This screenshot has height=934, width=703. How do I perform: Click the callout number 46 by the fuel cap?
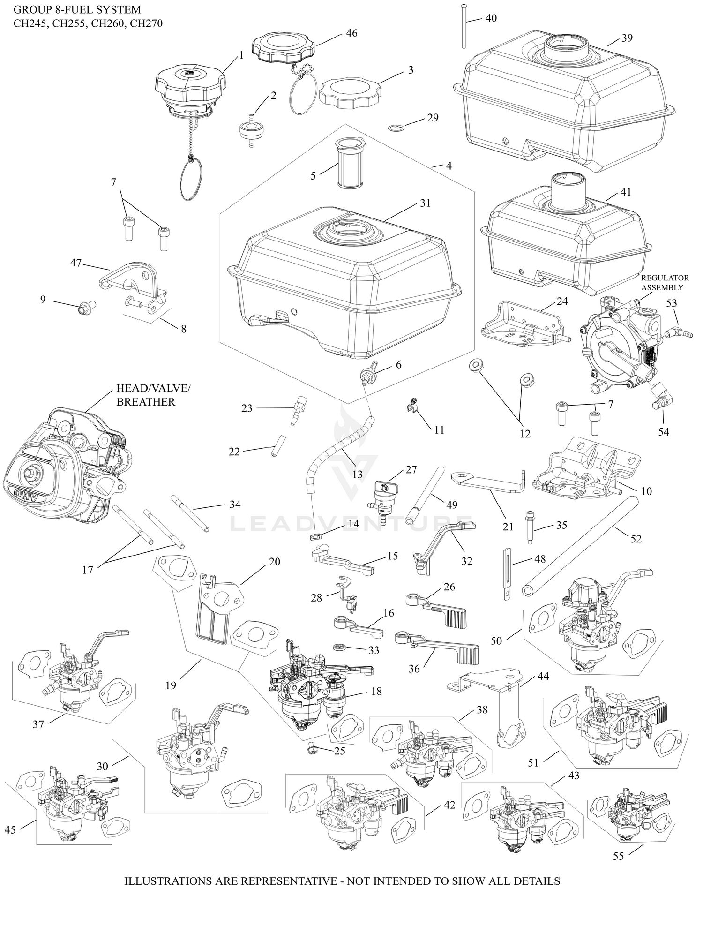[x=351, y=33]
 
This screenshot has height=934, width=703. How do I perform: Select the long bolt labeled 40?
[x=463, y=26]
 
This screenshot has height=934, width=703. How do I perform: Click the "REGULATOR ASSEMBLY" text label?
[x=665, y=282]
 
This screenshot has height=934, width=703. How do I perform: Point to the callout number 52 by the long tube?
[x=636, y=539]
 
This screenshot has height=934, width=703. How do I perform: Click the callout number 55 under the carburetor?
[x=618, y=856]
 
